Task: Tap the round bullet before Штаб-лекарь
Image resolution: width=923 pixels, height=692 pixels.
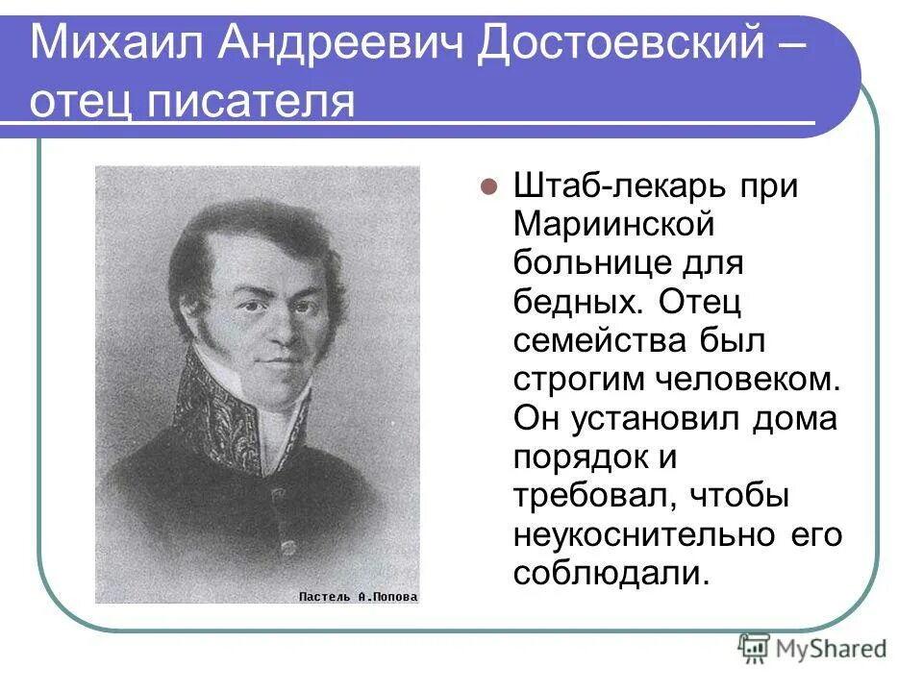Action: coord(487,186)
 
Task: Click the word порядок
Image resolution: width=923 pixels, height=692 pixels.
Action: coord(582,457)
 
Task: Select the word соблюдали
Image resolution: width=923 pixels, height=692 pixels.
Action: coord(610,572)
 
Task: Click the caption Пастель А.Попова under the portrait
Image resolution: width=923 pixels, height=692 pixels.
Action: coord(358,596)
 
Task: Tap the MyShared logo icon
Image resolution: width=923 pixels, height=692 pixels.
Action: coord(753,647)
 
